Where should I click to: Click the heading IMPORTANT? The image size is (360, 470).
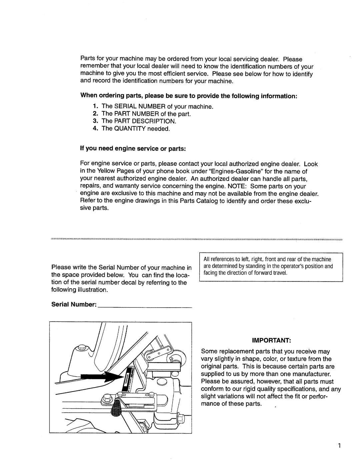coord(271,341)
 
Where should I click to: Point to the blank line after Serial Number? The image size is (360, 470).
coord(145,307)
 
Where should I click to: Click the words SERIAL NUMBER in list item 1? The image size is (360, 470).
coord(140,106)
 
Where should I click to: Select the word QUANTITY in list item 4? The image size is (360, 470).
coord(130,128)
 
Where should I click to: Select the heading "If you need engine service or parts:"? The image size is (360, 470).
coord(133,148)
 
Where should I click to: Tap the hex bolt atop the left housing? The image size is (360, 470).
coord(82,348)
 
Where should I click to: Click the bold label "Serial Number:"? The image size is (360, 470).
coord(74,304)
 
